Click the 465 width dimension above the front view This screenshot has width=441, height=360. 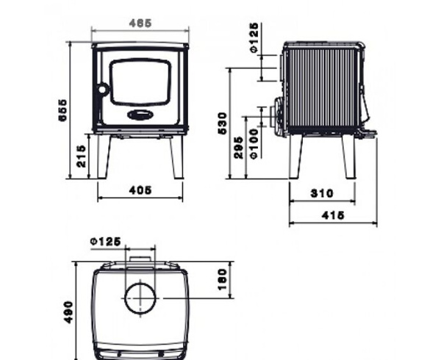(x=139, y=24)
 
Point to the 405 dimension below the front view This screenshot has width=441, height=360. (x=140, y=190)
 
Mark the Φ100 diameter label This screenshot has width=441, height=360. (x=254, y=144)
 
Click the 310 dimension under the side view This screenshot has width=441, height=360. (x=322, y=194)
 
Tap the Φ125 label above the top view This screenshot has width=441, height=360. (x=104, y=241)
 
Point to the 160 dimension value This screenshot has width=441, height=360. (x=221, y=279)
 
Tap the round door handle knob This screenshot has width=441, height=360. (x=103, y=90)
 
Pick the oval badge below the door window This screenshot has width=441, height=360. (x=140, y=115)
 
